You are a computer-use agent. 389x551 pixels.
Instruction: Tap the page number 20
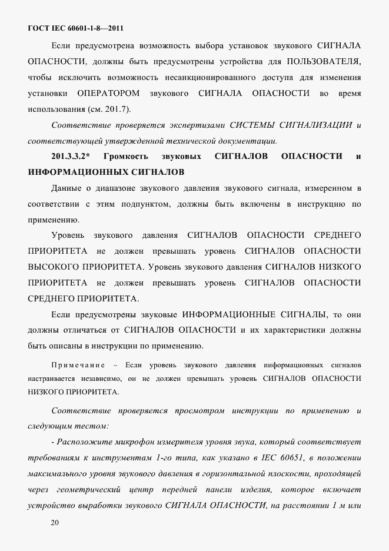coord(55,522)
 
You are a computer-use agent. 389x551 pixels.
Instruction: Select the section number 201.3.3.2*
coord(70,156)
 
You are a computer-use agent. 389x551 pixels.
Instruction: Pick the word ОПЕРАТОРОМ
coord(109,93)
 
